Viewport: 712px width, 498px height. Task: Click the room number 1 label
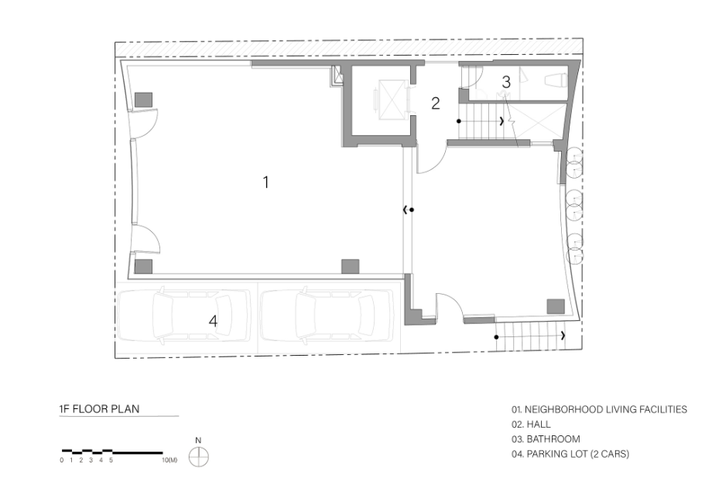266,182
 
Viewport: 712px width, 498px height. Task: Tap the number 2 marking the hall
436,104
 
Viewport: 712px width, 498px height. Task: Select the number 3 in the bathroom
506,82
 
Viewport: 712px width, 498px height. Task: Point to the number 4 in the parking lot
213,321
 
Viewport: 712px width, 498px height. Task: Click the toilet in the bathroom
556,81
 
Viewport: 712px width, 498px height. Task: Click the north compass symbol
198,456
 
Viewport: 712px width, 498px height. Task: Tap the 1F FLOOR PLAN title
99,408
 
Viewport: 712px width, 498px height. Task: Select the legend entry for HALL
531,425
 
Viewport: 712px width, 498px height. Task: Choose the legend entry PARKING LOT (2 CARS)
570,454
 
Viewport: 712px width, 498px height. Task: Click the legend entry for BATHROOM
546,439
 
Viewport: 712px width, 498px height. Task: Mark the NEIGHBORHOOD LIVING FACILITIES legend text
599,410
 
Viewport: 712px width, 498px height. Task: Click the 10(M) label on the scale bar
169,460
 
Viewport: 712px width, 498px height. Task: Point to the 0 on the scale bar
62,460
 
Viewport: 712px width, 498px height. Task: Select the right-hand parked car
326,316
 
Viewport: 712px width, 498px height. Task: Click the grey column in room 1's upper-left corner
143,100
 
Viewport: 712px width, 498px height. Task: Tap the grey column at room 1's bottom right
350,266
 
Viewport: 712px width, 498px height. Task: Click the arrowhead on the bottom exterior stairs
563,336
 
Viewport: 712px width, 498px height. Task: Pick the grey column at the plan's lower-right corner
556,306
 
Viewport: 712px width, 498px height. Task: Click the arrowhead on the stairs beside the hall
501,121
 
